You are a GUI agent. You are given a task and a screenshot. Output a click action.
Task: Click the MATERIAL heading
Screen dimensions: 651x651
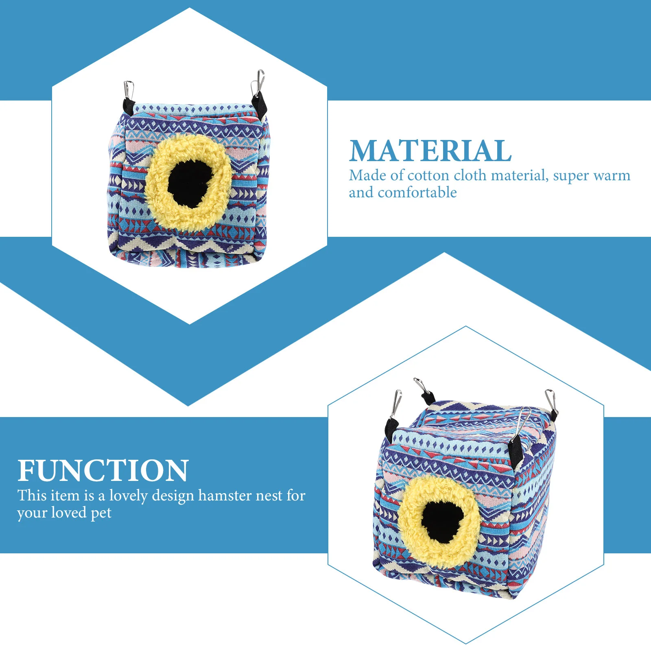[x=430, y=151]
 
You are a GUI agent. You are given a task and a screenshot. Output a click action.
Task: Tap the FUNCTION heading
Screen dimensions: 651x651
[x=103, y=471]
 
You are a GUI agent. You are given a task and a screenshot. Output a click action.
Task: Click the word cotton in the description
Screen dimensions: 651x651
[x=428, y=176]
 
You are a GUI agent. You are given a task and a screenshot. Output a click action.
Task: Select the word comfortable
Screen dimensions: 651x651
[x=417, y=192]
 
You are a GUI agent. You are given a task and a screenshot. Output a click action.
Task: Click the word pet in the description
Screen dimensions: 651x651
[x=101, y=513]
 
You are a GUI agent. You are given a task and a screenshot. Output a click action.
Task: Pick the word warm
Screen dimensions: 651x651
[x=612, y=176]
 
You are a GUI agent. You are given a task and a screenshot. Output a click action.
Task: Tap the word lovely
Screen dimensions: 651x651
[x=129, y=496]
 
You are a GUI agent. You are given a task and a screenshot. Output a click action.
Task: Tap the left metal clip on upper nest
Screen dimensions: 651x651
[x=129, y=90]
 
